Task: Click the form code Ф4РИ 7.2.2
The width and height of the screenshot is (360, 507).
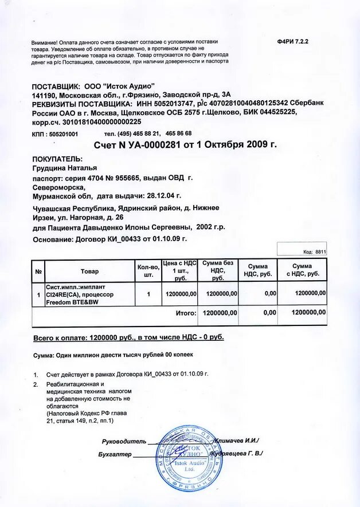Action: point(292,43)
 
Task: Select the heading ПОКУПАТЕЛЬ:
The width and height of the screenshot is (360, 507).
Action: point(58,159)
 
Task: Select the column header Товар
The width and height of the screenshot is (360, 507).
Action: point(89,271)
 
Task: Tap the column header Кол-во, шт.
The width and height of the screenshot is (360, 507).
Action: point(148,271)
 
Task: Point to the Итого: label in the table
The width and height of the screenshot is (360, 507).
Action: point(184,313)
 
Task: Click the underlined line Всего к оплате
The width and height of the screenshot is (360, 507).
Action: point(128,337)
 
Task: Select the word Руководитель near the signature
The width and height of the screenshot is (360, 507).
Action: point(124,441)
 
